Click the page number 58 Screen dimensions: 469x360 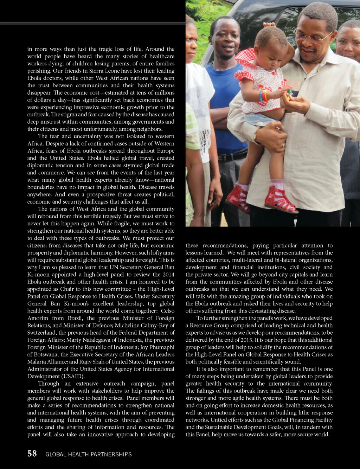[32, 454]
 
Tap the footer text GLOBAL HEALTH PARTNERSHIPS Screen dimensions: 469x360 [89, 454]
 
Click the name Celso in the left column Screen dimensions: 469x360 [167, 311]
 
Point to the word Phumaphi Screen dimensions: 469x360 [161, 347]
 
